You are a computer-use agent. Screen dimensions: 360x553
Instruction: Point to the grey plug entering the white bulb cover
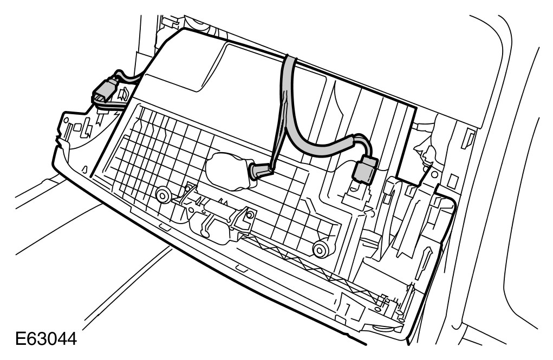(x=259, y=172)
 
